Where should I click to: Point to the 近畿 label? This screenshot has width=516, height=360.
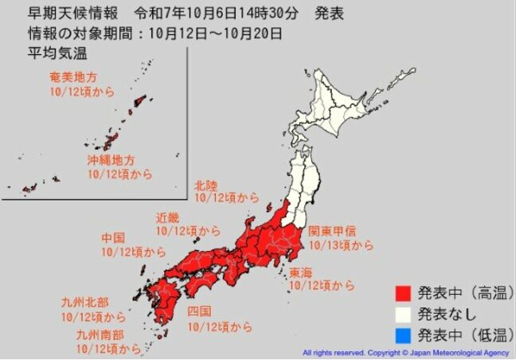[x=169, y=217]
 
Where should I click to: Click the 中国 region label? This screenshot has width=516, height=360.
[x=113, y=238]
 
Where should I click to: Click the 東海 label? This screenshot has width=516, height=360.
[x=301, y=272]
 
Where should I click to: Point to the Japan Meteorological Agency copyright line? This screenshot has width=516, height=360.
[x=406, y=352]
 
